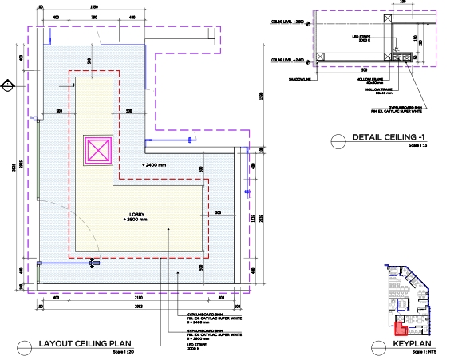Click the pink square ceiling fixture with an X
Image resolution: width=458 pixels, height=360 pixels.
tap(99, 151)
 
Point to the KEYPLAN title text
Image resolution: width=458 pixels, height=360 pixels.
tap(410, 346)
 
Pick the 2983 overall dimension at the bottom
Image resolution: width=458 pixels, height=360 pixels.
tap(138, 306)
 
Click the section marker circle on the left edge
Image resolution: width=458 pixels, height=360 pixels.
tap(6, 85)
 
